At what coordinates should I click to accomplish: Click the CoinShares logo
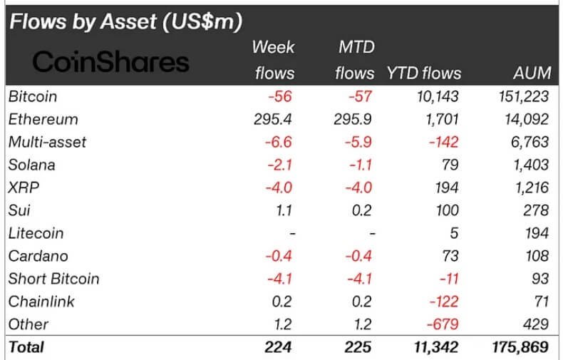click(x=111, y=62)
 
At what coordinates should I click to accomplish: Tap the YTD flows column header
click(x=423, y=73)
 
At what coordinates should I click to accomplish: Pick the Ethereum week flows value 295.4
click(x=274, y=118)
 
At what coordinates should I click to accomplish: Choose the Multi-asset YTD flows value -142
click(x=442, y=142)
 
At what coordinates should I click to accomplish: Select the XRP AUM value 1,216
click(x=529, y=187)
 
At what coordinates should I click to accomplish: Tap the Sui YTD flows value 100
click(x=447, y=210)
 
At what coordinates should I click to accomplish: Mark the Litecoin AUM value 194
click(x=535, y=233)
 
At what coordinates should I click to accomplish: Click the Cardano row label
click(x=36, y=256)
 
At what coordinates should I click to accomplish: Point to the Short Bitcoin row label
click(x=53, y=279)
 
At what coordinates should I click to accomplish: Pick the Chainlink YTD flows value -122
click(x=442, y=302)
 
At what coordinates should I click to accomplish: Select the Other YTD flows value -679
click(x=442, y=324)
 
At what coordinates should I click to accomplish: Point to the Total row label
click(x=26, y=347)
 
